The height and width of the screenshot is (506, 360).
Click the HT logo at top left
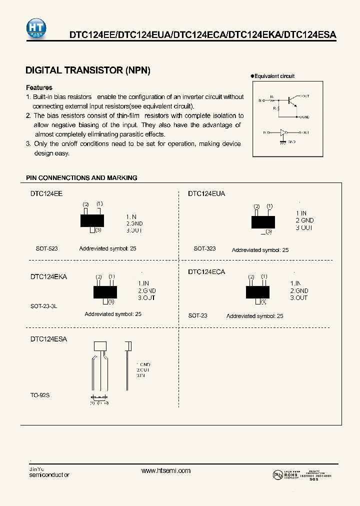[38, 26]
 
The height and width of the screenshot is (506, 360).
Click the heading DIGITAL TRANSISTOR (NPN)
[87, 70]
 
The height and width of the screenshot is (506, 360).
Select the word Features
[39, 87]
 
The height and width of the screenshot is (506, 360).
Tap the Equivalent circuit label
[274, 76]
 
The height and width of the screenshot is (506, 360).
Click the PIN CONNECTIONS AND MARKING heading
[81, 177]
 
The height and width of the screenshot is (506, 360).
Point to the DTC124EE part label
[46, 193]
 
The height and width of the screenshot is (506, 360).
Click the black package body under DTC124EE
[92, 220]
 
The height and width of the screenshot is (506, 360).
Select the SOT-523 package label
[46, 248]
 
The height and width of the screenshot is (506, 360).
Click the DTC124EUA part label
[206, 193]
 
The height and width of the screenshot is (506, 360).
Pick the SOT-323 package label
[204, 248]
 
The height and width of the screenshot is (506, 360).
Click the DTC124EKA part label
[48, 276]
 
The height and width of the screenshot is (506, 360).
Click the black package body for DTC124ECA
[257, 291]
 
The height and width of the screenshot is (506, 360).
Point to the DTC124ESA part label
[48, 338]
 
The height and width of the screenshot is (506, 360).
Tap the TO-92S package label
[40, 395]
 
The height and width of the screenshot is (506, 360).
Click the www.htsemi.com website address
[166, 470]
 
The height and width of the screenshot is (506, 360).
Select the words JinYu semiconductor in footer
[49, 471]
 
